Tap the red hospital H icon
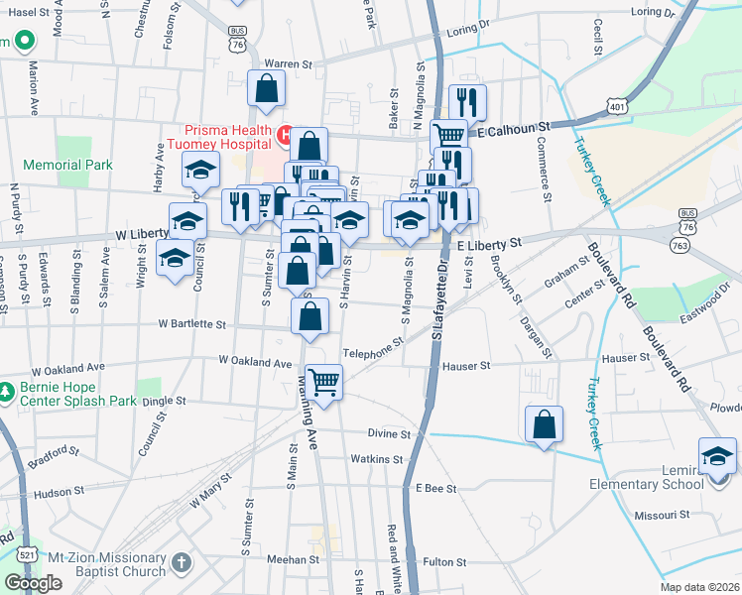(x=286, y=132)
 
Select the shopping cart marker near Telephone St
(x=324, y=380)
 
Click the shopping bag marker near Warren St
(x=268, y=88)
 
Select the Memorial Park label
(x=67, y=165)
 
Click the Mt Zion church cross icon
(x=181, y=563)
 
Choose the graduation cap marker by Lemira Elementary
(x=717, y=456)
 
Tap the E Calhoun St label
(x=513, y=129)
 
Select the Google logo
(x=33, y=583)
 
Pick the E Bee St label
(x=435, y=488)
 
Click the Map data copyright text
(x=699, y=587)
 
